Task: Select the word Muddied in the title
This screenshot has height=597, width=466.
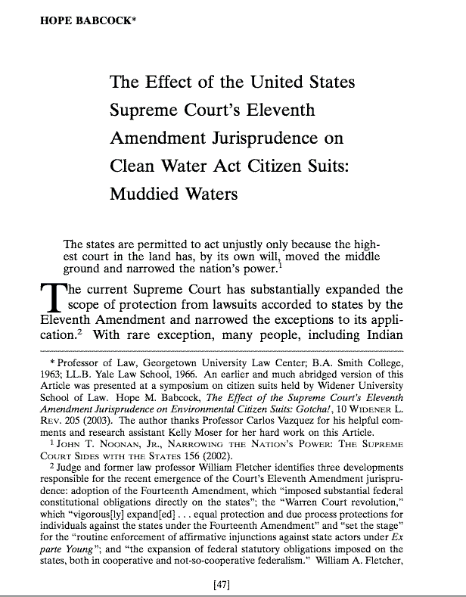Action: pyautogui.click(x=141, y=194)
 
